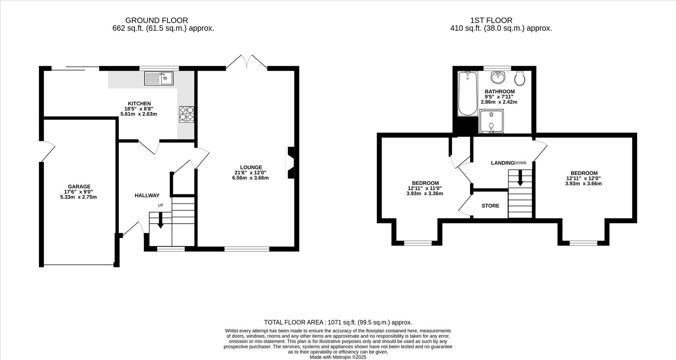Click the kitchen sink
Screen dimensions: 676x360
pyautogui.click(x=159, y=78)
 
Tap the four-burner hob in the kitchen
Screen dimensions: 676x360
pyautogui.click(x=187, y=114)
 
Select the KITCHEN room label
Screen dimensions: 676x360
pyautogui.click(x=139, y=103)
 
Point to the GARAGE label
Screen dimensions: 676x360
pyautogui.click(x=79, y=186)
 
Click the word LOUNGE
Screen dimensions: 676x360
pyautogui.click(x=251, y=167)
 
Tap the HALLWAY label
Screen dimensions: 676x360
pyautogui.click(x=147, y=195)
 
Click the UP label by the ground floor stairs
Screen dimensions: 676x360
pyautogui.click(x=161, y=205)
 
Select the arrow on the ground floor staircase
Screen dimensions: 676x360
pyautogui.click(x=161, y=220)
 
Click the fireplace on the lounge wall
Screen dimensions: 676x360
pyautogui.click(x=290, y=163)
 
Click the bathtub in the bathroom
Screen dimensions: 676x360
pyautogui.click(x=468, y=94)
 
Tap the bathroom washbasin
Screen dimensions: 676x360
pyautogui.click(x=498, y=77)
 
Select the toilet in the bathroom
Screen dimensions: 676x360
pyautogui.click(x=520, y=78)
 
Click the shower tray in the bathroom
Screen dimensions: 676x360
pyautogui.click(x=491, y=121)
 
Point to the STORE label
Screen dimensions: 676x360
pyautogui.click(x=490, y=206)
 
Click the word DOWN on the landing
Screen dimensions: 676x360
pyautogui.click(x=520, y=163)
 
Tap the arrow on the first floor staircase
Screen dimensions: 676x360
pyautogui.click(x=520, y=178)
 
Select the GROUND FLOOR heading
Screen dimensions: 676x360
pyautogui.click(x=156, y=20)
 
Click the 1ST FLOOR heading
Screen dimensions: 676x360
pyautogui.click(x=491, y=20)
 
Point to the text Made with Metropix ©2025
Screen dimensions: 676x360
pyautogui.click(x=338, y=357)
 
